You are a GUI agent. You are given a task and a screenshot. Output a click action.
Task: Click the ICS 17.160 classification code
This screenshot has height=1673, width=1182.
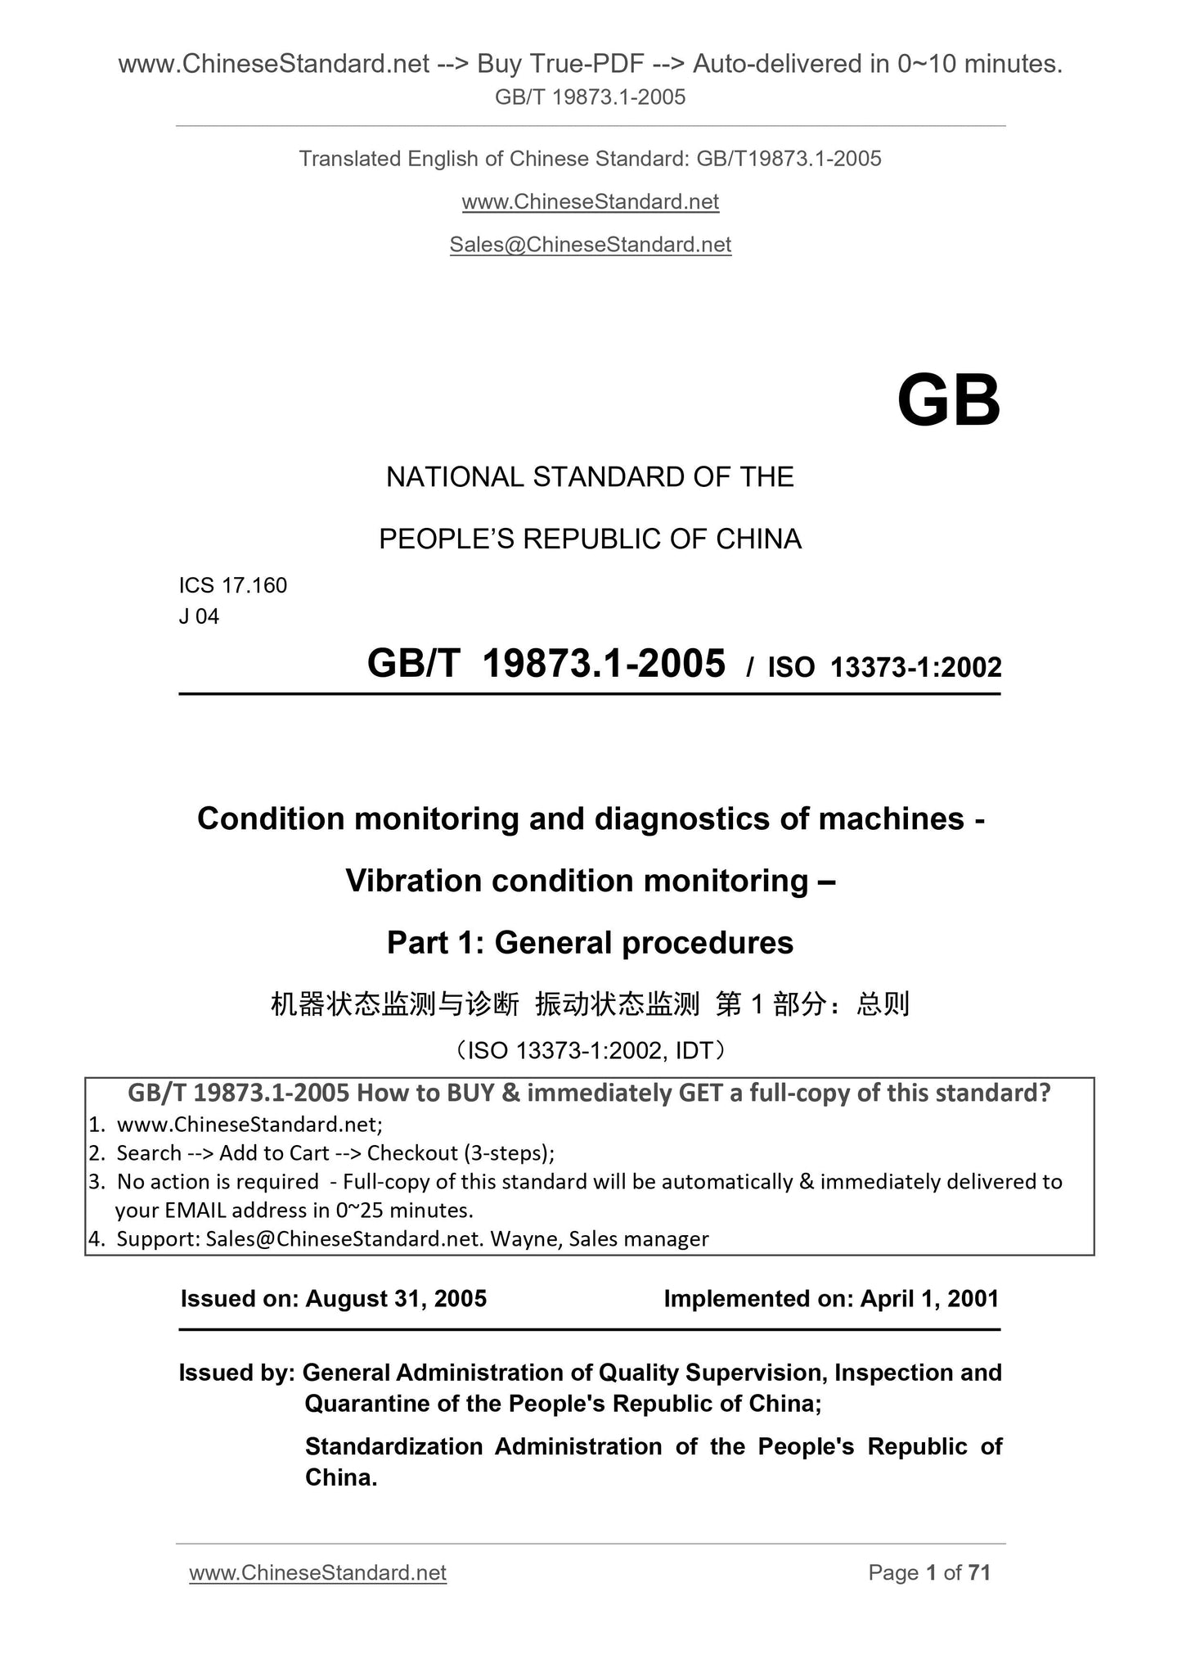click(x=233, y=585)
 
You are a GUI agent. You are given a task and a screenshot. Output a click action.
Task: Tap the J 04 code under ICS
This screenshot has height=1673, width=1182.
click(x=199, y=616)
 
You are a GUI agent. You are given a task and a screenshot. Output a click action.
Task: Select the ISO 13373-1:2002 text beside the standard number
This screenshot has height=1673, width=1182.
click(x=884, y=668)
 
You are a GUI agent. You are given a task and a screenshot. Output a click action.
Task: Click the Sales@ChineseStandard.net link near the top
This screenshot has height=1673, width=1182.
click(x=590, y=245)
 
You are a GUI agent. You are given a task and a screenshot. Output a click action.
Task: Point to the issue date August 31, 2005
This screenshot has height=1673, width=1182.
click(x=396, y=1299)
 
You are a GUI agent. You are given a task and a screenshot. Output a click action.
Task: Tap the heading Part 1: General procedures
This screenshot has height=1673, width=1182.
click(x=590, y=943)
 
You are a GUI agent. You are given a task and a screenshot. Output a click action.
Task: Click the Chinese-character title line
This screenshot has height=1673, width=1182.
click(x=590, y=1003)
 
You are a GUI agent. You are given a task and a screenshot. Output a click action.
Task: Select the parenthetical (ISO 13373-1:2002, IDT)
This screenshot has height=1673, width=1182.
click(x=590, y=1050)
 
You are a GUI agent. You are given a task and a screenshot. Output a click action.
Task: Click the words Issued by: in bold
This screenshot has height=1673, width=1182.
click(x=236, y=1373)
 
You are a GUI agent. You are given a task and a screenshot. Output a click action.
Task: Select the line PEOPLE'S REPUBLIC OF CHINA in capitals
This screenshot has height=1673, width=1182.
click(x=590, y=539)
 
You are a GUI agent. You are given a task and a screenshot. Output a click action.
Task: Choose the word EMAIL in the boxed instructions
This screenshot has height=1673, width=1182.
click(x=195, y=1211)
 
